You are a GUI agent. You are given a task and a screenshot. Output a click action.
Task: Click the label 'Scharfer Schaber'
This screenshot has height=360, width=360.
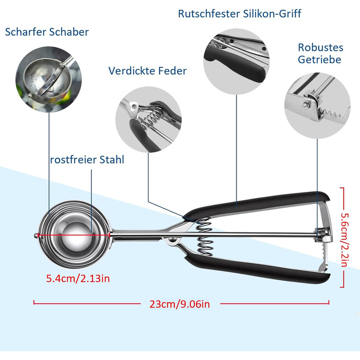click(47, 32)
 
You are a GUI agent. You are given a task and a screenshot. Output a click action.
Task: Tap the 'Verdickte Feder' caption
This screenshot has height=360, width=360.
click(148, 71)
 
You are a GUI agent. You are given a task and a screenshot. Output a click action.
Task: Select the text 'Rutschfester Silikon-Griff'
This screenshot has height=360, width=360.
click(240, 14)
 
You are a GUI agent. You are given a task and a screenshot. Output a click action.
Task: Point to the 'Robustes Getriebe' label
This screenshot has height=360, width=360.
click(320, 53)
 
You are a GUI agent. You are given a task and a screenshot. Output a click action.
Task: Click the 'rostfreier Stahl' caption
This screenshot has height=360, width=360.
click(87, 159)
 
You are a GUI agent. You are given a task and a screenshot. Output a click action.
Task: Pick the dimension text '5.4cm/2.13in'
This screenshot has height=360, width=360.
click(78, 279)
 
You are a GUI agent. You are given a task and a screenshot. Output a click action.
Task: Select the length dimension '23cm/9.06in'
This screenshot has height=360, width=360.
click(179, 304)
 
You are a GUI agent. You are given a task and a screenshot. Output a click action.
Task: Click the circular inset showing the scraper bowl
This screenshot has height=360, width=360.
click(49, 79)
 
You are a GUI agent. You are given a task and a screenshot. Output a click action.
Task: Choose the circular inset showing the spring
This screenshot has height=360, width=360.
click(149, 120)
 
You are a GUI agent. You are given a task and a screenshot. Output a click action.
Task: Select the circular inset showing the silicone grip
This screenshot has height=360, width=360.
click(237, 62)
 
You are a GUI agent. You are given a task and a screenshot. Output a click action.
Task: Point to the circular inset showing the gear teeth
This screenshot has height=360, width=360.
click(317, 105)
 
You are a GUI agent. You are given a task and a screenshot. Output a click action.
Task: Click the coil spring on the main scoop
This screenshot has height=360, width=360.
click(204, 237)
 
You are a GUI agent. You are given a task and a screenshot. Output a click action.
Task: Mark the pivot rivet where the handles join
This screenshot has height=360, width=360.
click(172, 240)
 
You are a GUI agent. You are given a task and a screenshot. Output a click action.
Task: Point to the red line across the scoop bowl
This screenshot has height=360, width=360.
click(74, 235)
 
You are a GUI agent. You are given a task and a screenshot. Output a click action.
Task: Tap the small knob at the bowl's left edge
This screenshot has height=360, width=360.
click(36, 236)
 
